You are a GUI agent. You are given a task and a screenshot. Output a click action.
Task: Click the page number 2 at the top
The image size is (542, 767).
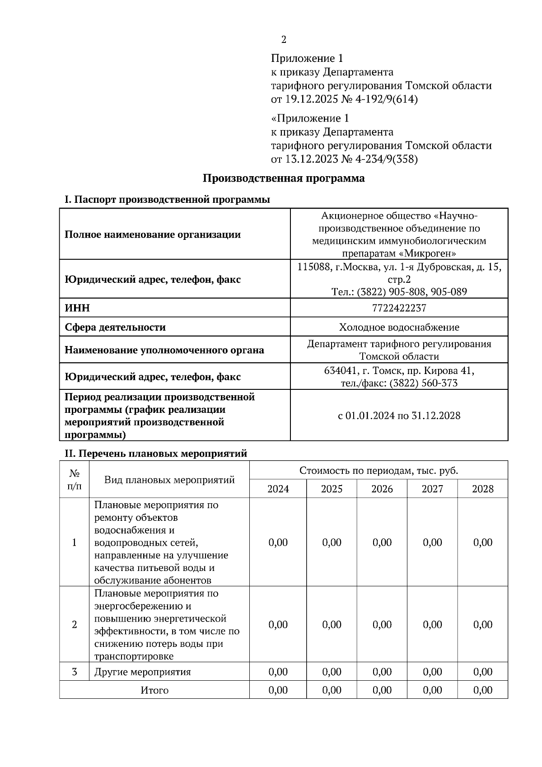(284, 40)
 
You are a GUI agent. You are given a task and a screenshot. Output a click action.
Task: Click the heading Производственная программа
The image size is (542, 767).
(283, 178)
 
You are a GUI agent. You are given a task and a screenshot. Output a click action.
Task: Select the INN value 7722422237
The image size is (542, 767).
(399, 308)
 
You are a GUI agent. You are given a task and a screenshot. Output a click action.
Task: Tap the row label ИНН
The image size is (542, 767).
(77, 308)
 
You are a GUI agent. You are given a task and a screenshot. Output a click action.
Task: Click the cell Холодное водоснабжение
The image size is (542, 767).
(399, 327)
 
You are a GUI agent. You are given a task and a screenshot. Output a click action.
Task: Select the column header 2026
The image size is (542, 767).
(382, 489)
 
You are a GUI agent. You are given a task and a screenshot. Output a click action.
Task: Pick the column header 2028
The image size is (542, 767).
(482, 489)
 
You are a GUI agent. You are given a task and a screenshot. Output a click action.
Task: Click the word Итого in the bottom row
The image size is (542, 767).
(154, 690)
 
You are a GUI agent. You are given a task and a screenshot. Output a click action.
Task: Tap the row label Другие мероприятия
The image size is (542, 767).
(142, 672)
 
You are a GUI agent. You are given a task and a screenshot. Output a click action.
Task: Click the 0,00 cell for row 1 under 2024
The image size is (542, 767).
(278, 543)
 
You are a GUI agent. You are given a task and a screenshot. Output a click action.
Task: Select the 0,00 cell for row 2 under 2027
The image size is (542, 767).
(432, 625)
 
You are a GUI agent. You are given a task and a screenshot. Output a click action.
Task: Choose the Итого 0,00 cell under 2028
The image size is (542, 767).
(482, 690)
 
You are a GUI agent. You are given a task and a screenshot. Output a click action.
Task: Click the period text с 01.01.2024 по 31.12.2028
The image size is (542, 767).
(399, 416)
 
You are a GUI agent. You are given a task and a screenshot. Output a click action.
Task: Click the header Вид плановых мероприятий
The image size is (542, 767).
(169, 480)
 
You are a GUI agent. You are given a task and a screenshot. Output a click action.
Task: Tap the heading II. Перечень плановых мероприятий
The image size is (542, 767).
(156, 454)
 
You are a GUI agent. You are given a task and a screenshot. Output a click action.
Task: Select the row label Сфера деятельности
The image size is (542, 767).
(115, 327)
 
